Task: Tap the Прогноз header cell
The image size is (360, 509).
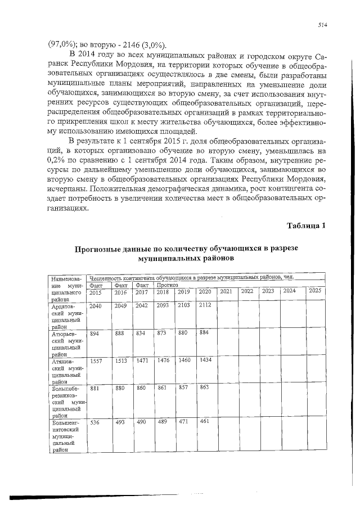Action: [x=167, y=285]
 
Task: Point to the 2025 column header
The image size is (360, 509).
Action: [x=315, y=291]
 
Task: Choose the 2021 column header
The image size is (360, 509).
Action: [x=226, y=291]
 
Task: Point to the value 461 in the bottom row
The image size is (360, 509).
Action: [x=204, y=421]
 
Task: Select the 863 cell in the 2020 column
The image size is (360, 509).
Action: [x=204, y=388]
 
